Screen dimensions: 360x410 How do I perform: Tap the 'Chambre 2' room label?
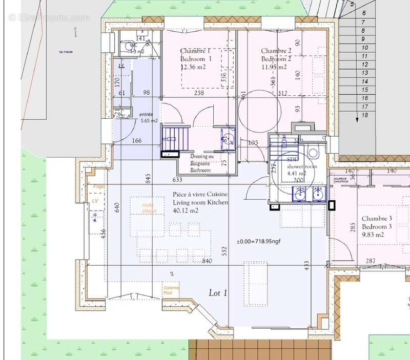click(x=276, y=51)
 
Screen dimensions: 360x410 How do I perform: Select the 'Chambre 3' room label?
click(x=377, y=219)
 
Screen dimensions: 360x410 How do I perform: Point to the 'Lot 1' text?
click(x=218, y=293)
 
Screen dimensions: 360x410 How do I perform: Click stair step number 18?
click(x=365, y=115)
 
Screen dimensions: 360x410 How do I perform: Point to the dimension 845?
click(x=148, y=178)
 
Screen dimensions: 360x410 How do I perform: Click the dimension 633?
click(x=177, y=180)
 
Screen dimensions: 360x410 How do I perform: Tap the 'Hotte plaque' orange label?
click(x=149, y=208)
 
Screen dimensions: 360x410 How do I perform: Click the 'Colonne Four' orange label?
click(x=170, y=290)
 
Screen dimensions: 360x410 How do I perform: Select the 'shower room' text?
click(x=302, y=166)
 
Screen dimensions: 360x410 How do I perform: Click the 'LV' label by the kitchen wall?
click(x=95, y=201)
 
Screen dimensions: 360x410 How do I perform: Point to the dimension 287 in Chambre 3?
click(x=370, y=262)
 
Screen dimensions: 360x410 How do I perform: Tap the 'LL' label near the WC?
click(x=121, y=66)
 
